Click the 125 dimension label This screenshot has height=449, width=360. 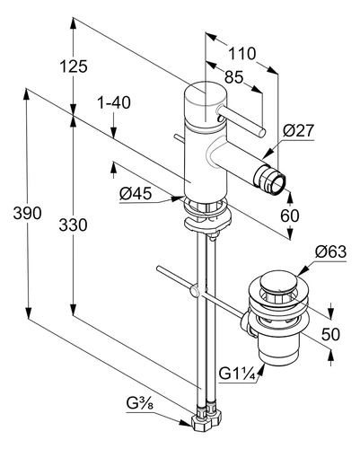click(x=74, y=66)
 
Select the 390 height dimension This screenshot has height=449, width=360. click(x=27, y=213)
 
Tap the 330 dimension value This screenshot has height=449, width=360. click(x=73, y=224)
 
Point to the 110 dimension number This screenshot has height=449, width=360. click(x=242, y=54)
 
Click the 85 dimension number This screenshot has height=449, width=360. click(x=234, y=77)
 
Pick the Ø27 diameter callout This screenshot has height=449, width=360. click(x=298, y=131)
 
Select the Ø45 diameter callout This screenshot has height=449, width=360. click(x=136, y=194)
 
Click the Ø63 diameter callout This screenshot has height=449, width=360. click(x=330, y=252)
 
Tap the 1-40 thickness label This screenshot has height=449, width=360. click(x=114, y=102)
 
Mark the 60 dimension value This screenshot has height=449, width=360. click(x=290, y=216)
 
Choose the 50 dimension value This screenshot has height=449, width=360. click(x=330, y=334)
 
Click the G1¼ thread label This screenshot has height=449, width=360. click(x=238, y=374)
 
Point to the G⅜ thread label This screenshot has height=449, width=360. click(x=140, y=404)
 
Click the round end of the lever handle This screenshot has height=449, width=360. click(x=260, y=132)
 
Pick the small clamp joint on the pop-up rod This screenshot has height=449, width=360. click(x=195, y=291)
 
